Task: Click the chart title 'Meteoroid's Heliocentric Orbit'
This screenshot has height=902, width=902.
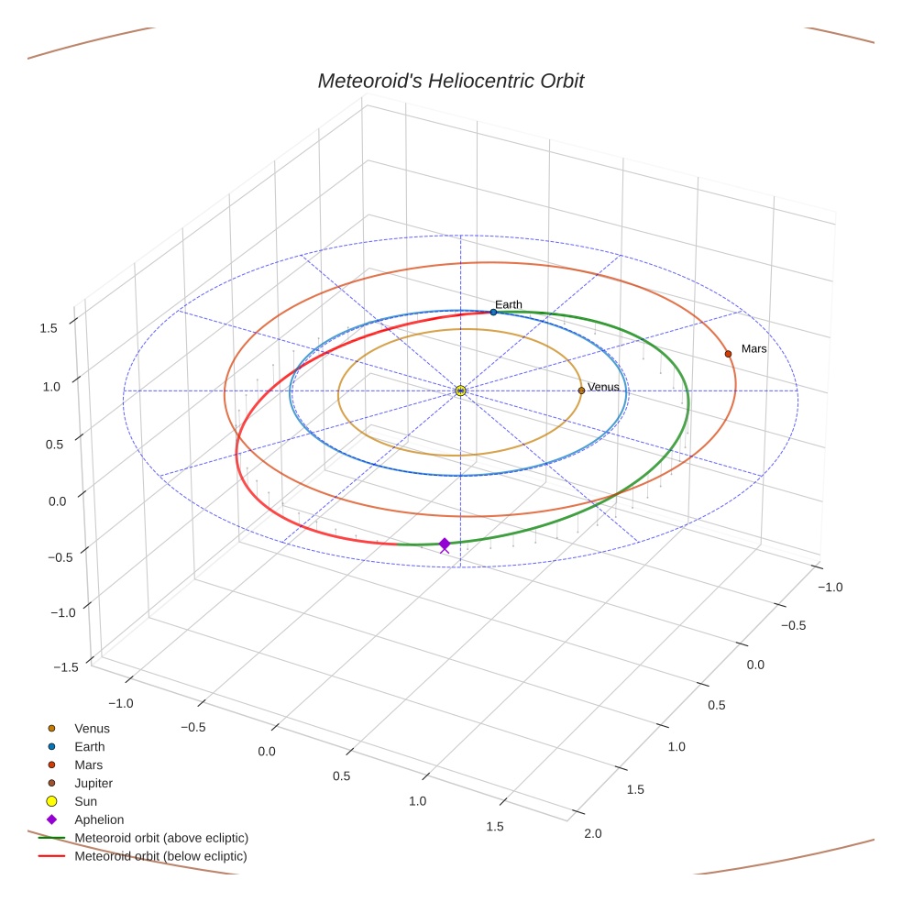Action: click(x=450, y=81)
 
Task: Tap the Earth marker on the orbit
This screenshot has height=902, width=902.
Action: click(x=493, y=313)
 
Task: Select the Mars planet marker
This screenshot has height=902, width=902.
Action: click(x=728, y=354)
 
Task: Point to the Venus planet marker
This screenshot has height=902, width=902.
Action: click(x=581, y=390)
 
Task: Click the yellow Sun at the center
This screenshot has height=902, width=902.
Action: click(x=460, y=390)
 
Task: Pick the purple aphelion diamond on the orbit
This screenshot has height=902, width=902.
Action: click(x=445, y=544)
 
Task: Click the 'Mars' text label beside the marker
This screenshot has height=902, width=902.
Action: click(x=753, y=349)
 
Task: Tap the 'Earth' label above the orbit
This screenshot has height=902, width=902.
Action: click(x=508, y=304)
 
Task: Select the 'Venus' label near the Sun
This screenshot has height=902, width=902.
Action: click(x=603, y=387)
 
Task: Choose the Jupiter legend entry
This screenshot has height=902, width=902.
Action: click(x=93, y=783)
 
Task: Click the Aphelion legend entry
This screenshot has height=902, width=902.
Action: click(x=99, y=819)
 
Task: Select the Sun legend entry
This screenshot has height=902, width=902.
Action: click(x=85, y=801)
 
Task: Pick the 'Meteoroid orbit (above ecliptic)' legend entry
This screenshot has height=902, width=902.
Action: click(x=161, y=838)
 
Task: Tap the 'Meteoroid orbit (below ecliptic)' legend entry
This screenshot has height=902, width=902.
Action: click(x=160, y=856)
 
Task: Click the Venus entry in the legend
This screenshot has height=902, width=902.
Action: click(x=92, y=728)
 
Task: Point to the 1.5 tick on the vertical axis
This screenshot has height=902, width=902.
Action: click(x=49, y=327)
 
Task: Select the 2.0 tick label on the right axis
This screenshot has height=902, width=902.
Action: click(x=592, y=833)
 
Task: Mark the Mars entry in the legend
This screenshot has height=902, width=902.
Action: click(x=89, y=764)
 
